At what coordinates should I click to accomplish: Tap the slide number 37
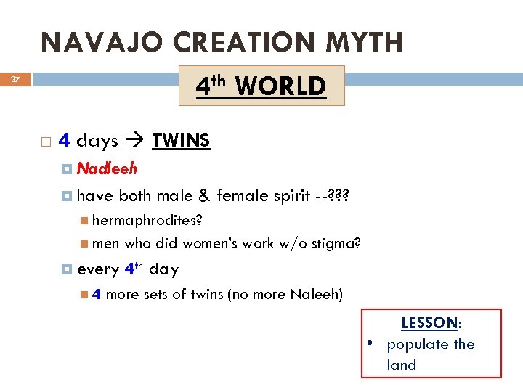(15, 79)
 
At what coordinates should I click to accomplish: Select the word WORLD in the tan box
(280, 86)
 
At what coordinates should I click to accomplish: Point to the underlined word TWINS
(181, 139)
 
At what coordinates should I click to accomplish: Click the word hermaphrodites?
(147, 219)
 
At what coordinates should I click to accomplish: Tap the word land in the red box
(402, 365)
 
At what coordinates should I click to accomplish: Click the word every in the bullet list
(97, 269)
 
